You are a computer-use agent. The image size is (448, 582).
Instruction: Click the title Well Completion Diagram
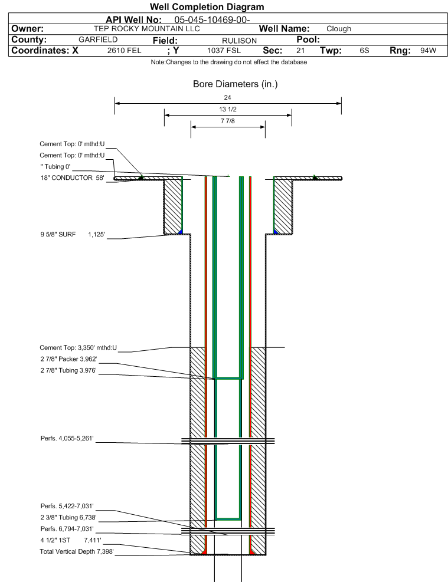[x=207, y=7]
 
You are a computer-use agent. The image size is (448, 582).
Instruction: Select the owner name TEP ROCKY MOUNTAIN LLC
[x=147, y=28]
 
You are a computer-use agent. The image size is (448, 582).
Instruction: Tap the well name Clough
[x=339, y=29]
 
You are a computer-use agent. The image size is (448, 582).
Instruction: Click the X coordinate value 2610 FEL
[x=124, y=51]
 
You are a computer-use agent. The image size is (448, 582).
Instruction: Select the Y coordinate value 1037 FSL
[x=224, y=51]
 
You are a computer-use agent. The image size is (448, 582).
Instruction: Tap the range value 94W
[x=428, y=51]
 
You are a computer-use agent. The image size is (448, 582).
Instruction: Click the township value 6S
[x=364, y=51]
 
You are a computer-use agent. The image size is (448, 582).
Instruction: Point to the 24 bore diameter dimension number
[x=228, y=97]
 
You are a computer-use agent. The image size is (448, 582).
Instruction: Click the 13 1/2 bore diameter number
[x=228, y=110]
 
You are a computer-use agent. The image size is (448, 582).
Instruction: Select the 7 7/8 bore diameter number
[x=228, y=121]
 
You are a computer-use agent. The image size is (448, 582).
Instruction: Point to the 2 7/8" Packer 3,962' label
[x=68, y=359]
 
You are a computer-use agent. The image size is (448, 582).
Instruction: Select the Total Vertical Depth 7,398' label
[x=76, y=551]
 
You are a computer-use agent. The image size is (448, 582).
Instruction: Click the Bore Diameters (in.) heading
[x=235, y=84]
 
